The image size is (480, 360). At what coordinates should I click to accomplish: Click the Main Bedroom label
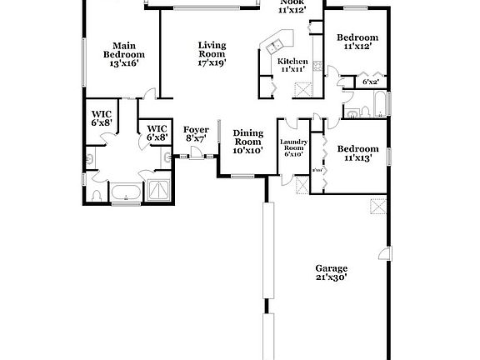point(120,54)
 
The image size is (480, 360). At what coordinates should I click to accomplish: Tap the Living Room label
point(212,52)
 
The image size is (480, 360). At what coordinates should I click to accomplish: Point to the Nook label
point(292,5)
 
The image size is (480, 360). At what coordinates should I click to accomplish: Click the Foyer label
point(196,133)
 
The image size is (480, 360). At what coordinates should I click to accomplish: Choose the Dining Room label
point(247,142)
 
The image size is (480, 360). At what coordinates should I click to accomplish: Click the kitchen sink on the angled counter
point(277,40)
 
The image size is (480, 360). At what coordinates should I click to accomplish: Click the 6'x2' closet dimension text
point(370,82)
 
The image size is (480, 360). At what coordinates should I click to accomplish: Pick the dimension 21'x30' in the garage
point(331,277)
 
